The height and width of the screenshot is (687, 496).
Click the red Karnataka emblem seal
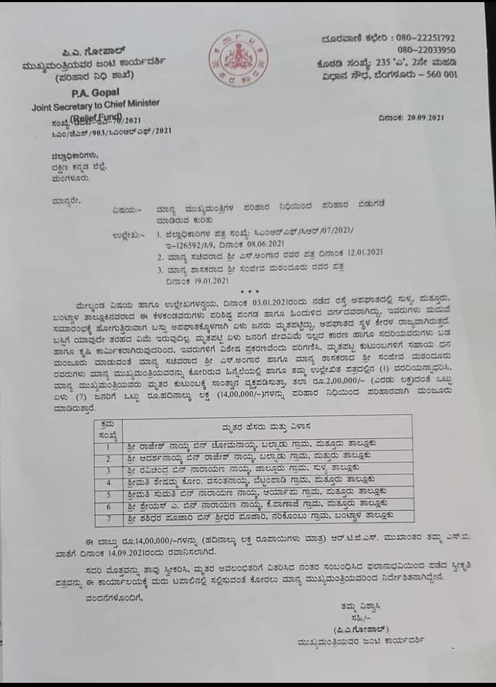tap(239, 59)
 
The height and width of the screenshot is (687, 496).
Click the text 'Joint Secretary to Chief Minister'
tap(95, 105)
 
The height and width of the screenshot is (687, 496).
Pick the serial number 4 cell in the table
tap(108, 480)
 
